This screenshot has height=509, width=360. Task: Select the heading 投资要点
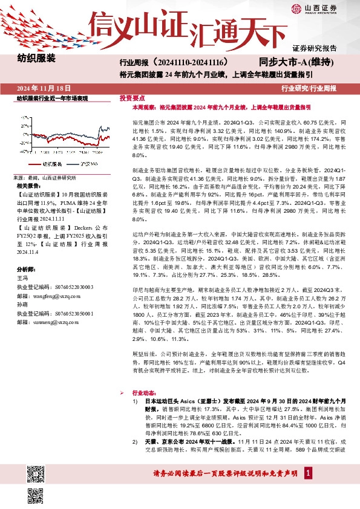[131, 97]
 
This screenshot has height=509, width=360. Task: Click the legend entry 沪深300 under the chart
[89, 164]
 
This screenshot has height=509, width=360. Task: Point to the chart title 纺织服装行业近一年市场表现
[52, 97]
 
